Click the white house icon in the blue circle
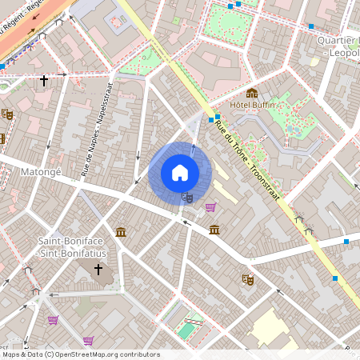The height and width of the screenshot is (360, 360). pyautogui.click(x=180, y=173)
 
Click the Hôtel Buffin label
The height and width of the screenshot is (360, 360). pyautogui.click(x=252, y=105)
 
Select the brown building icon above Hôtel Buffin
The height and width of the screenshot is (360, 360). pyautogui.click(x=252, y=94)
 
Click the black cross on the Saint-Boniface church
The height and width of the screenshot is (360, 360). pyautogui.click(x=99, y=270)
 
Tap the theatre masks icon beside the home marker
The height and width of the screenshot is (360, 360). pyautogui.click(x=188, y=196)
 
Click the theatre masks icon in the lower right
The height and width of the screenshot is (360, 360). pyautogui.click(x=248, y=280)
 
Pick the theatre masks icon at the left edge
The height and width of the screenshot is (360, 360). pyautogui.click(x=7, y=114)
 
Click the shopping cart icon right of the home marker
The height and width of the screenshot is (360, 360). pyautogui.click(x=210, y=207)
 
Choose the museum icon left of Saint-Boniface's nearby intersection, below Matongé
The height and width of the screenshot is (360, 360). pyautogui.click(x=120, y=232)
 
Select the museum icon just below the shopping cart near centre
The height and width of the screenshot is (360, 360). pyautogui.click(x=214, y=230)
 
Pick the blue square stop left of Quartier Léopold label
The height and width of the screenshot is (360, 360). pyautogui.click(x=311, y=26)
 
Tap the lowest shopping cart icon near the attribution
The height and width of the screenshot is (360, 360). pyautogui.click(x=88, y=341)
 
